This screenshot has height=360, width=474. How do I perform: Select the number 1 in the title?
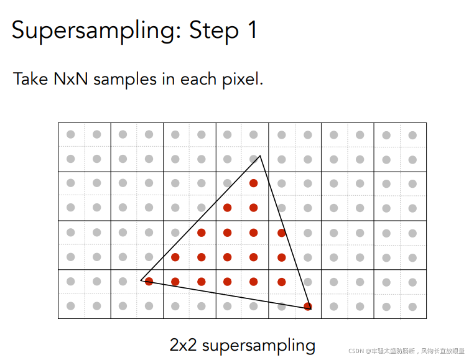tap(251, 29)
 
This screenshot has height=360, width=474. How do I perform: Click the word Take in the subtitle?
tap(29, 80)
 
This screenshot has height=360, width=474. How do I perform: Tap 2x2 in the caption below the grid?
tap(183, 345)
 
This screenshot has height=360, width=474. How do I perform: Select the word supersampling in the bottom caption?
tap(259, 346)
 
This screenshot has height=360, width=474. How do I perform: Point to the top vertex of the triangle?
tap(260, 155)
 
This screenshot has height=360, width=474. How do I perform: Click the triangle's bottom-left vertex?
tap(141, 280)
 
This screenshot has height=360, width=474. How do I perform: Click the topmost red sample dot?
tap(253, 183)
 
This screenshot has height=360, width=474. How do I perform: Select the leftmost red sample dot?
tap(149, 282)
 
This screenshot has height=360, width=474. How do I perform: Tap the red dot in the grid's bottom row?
tap(307, 306)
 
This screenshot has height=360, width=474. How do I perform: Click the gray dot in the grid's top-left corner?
tap(71, 134)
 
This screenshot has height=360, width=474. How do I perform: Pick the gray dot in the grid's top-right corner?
tap(413, 134)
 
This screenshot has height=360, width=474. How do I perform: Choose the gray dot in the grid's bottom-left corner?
tap(71, 306)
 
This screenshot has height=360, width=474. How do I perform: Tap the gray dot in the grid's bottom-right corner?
tap(413, 306)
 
